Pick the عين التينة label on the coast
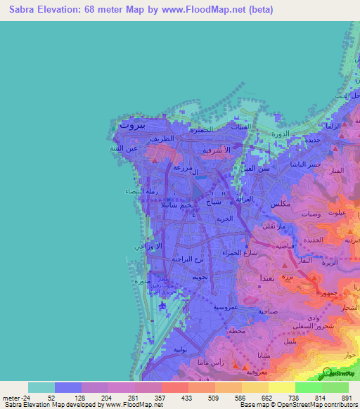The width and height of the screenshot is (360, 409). tap(124, 148)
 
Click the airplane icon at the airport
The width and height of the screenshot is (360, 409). tap(162, 306)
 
